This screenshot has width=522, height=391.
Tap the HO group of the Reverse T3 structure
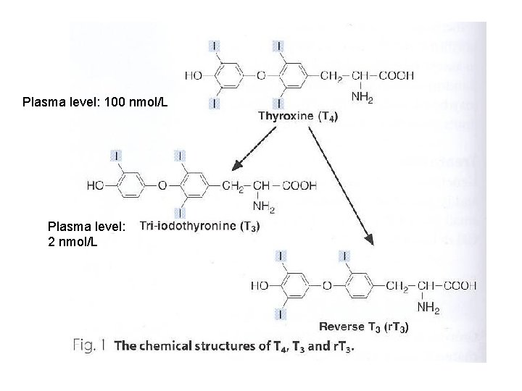pyautogui.click(x=260, y=285)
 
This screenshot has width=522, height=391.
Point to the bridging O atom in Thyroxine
pyautogui.click(x=260, y=75)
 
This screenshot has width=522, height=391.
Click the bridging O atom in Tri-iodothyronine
pyautogui.click(x=162, y=185)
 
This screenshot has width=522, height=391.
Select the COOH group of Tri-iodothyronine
pyautogui.click(x=299, y=185)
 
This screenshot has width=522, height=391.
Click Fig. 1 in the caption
pyautogui.click(x=91, y=345)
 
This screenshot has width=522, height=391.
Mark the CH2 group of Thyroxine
pyautogui.click(x=335, y=75)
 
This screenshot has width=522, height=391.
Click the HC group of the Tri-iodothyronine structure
pyautogui.click(x=95, y=185)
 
